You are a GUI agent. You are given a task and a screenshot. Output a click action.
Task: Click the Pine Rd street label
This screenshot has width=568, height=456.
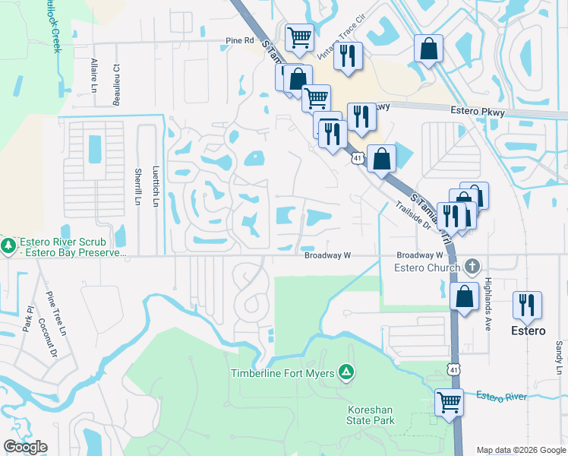(238, 40)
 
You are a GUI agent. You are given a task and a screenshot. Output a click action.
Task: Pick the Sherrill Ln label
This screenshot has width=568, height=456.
(138, 187)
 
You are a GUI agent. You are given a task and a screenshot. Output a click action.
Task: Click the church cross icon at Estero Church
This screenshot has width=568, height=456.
(472, 267)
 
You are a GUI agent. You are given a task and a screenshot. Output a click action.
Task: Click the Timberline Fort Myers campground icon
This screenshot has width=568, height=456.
(346, 372)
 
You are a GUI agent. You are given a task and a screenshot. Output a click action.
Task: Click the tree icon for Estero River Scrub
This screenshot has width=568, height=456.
(8, 245)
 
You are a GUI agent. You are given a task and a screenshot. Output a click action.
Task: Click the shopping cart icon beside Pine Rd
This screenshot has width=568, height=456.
(300, 36)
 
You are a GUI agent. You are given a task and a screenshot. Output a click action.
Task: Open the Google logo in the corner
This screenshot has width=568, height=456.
(26, 447)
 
